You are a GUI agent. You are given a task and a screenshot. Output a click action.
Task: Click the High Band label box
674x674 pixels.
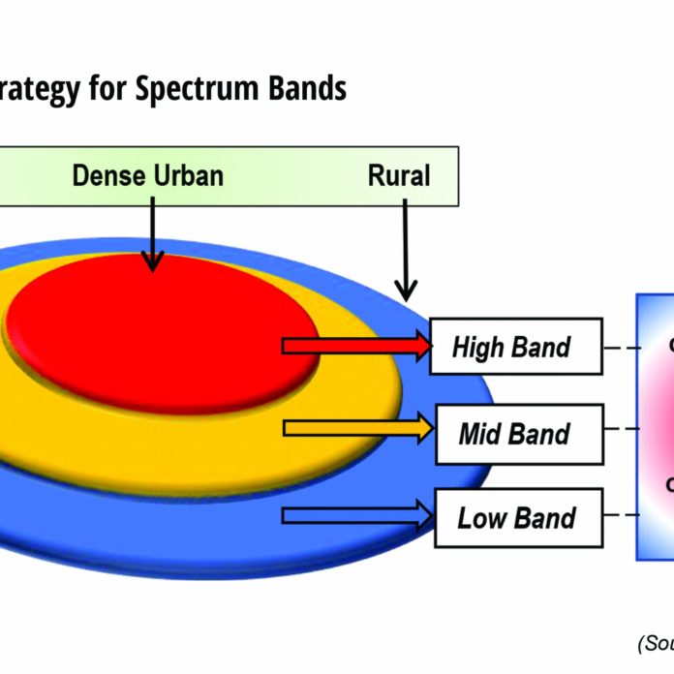(x=513, y=346)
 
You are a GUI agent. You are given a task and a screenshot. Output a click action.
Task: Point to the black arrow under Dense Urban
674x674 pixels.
(x=152, y=238)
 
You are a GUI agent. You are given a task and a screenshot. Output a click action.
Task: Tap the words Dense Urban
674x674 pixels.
(x=147, y=175)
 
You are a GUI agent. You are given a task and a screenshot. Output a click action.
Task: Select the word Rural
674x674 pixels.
(x=399, y=175)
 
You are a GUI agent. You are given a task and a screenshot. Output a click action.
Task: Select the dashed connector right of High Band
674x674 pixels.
(x=620, y=346)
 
